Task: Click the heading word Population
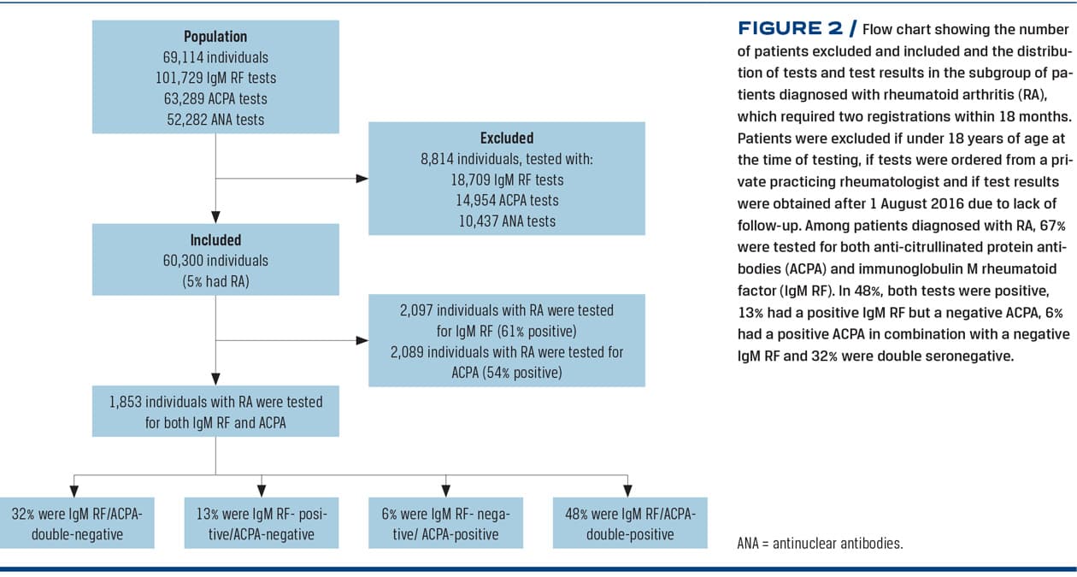point(215,37)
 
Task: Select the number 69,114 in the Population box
point(181,57)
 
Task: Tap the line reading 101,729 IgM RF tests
point(215,78)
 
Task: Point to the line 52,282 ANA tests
point(215,120)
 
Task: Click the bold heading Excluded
point(507,138)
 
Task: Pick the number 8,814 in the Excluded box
point(437,159)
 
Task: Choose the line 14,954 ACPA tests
point(507,201)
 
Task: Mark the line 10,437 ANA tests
point(507,221)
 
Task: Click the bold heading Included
point(215,240)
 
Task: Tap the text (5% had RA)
point(215,281)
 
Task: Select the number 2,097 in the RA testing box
point(416,310)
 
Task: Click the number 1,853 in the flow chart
point(125,402)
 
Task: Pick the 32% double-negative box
point(77,523)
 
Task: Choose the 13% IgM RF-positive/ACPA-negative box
point(262,523)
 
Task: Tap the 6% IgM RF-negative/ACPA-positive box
point(445,523)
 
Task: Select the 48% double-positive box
point(630,523)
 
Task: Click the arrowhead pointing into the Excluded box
point(362,179)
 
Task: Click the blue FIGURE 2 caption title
point(797,28)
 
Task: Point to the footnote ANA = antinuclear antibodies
point(821,544)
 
